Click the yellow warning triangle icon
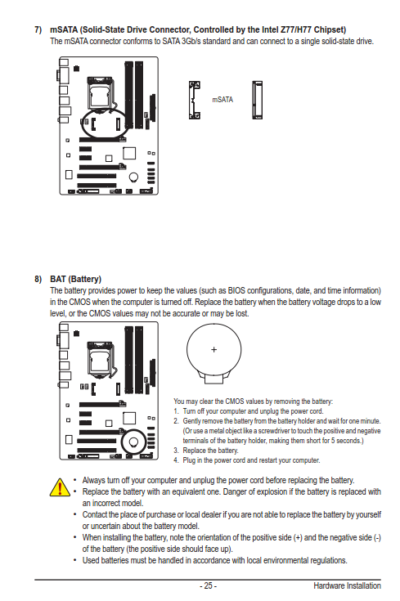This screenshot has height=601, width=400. point(60,487)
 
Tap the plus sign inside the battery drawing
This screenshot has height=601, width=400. point(214,349)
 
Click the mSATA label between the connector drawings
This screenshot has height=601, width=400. point(222,100)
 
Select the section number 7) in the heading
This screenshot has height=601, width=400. point(38,30)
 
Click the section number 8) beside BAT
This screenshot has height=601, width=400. point(38,279)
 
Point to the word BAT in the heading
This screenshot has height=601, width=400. point(58,279)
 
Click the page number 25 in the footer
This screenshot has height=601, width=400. point(209,585)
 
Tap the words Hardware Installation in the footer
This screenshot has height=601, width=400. point(347,585)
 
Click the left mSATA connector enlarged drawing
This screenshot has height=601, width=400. point(195,100)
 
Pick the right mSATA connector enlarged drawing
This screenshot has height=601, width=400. point(258,100)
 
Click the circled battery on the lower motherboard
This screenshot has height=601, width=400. point(133,442)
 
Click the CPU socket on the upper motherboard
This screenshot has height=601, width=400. point(101,94)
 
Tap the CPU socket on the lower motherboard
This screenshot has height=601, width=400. point(101,359)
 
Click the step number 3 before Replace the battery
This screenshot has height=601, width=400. point(176,451)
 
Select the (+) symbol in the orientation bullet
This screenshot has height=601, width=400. point(298,538)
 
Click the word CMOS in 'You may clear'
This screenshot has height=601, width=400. point(234,401)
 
